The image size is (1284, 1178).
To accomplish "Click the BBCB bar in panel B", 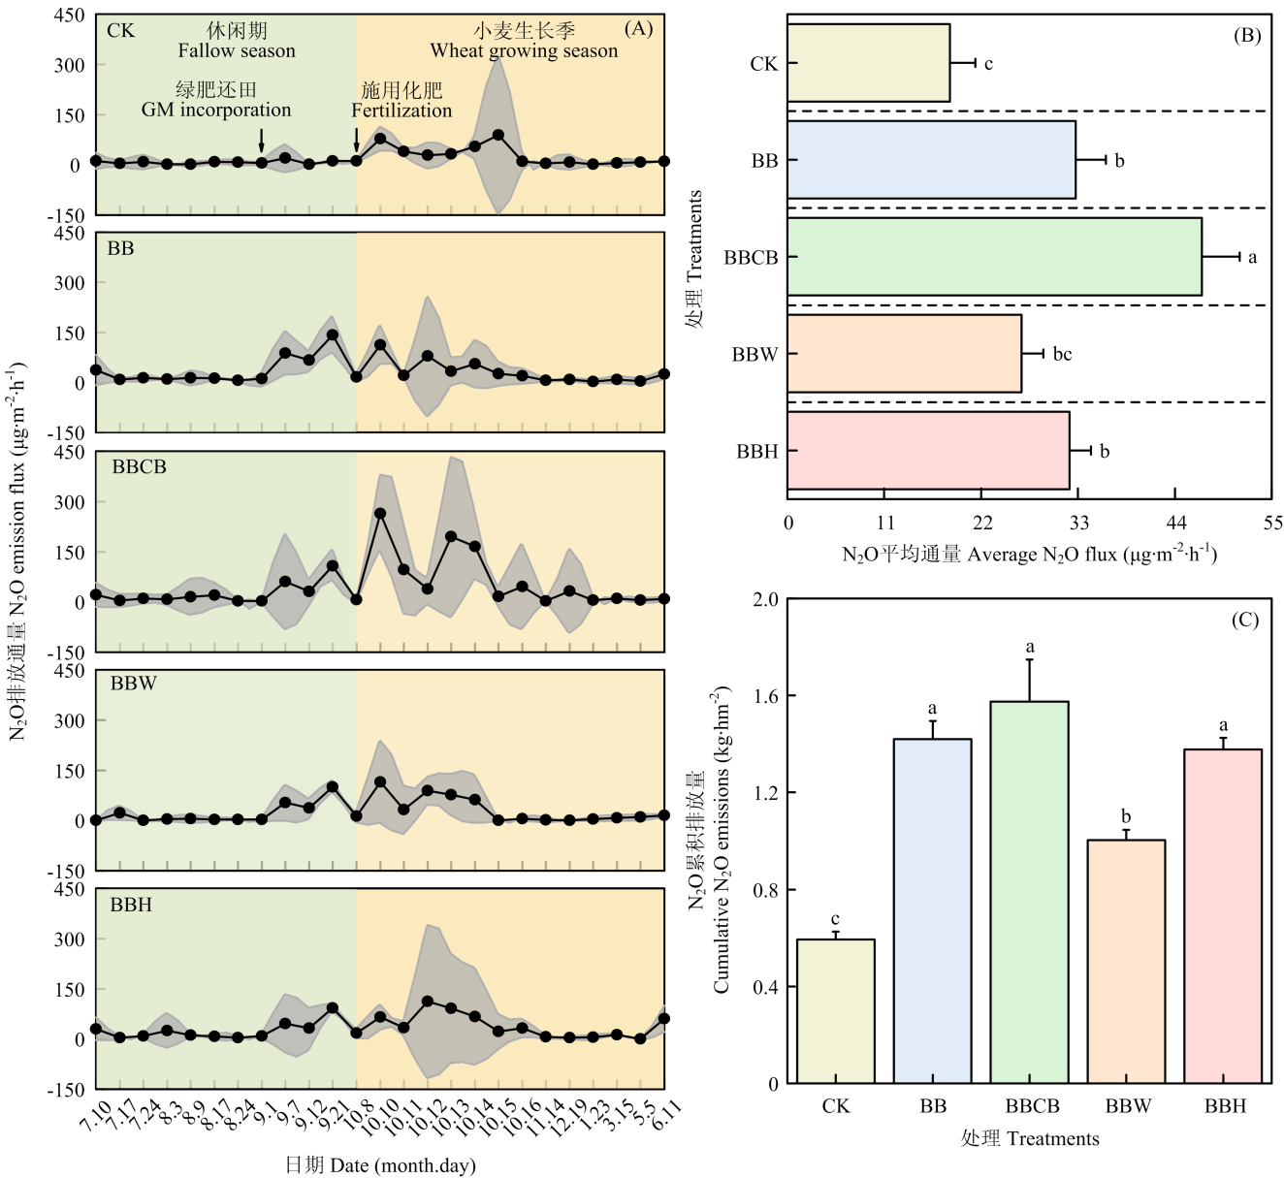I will pyautogui.click(x=994, y=257).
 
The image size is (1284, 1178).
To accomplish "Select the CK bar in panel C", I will pyautogui.click(x=835, y=1011).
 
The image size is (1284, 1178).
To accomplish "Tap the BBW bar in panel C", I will pyautogui.click(x=1126, y=962).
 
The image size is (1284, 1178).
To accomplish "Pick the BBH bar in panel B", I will pyautogui.click(x=928, y=451).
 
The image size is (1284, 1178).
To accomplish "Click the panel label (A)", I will pyautogui.click(x=638, y=28).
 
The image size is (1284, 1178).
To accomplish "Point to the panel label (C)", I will pyautogui.click(x=1245, y=620).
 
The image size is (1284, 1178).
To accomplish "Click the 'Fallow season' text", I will pyautogui.click(x=237, y=50).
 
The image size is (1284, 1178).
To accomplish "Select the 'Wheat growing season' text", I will pyautogui.click(x=524, y=50).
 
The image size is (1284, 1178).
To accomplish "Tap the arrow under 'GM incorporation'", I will pyautogui.click(x=261, y=142).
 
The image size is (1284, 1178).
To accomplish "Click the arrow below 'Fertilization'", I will pyautogui.click(x=357, y=142).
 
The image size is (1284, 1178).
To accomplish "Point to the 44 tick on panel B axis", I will pyautogui.click(x=1175, y=524).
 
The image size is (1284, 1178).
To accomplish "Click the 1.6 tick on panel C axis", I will pyautogui.click(x=765, y=696).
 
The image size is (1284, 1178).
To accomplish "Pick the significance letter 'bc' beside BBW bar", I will pyautogui.click(x=1062, y=355).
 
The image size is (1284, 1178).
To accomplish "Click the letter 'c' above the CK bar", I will pyautogui.click(x=835, y=920).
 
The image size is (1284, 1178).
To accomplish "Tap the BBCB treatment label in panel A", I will pyautogui.click(x=139, y=467).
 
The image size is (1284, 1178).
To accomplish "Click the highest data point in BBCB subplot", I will pyautogui.click(x=380, y=514).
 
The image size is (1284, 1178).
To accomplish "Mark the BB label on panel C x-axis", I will pyautogui.click(x=933, y=1106).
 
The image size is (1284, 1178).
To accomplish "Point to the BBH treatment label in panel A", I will pyautogui.click(x=131, y=905).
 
